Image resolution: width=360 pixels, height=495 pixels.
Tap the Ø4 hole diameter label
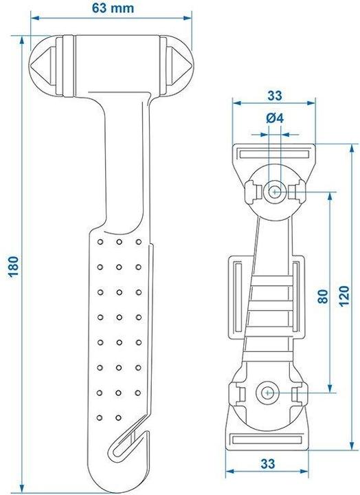(274, 118)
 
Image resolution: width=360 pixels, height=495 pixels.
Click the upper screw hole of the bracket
(275, 192)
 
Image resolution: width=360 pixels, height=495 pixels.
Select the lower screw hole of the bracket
(267, 393)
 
